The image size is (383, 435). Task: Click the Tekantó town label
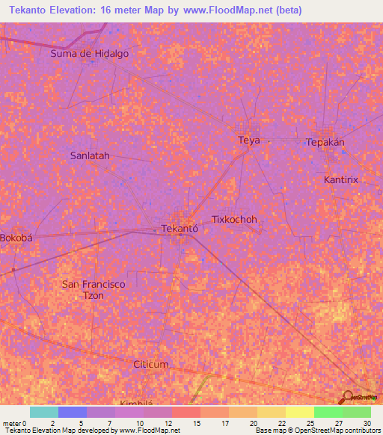click(180, 229)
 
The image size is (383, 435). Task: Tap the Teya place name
click(248, 141)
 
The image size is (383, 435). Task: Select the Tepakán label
click(325, 143)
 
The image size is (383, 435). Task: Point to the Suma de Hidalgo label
click(89, 53)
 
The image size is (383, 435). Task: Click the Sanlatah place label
click(90, 156)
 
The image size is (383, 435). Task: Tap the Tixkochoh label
click(234, 220)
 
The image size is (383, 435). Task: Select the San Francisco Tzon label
click(93, 289)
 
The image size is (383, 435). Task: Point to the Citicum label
click(151, 364)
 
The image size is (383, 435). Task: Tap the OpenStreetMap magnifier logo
click(350, 398)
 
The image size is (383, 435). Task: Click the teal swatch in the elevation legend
click(43, 412)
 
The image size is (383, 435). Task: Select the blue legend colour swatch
click(72, 412)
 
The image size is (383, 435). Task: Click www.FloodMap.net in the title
click(243, 10)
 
